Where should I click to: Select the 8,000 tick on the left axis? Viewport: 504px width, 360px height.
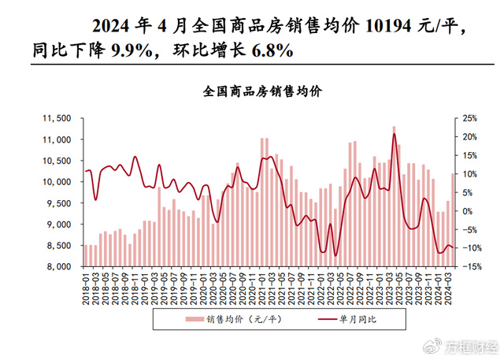[x=58, y=266]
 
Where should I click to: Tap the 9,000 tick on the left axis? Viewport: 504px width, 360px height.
[x=58, y=225]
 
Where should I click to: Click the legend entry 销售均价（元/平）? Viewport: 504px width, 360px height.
[x=239, y=319]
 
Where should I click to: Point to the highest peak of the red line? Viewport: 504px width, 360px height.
[x=394, y=134]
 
